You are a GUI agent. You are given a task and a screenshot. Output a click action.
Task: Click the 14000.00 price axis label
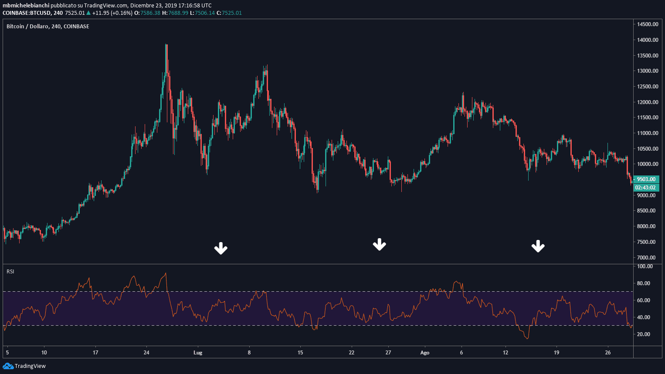pos(647,40)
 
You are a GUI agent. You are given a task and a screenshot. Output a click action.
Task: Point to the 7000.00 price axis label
pos(647,258)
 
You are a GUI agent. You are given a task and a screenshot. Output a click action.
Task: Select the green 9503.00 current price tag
pos(646,179)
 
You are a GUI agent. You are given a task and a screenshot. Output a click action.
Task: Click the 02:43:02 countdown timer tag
pos(646,188)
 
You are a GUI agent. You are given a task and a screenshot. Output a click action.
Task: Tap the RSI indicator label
pos(10,272)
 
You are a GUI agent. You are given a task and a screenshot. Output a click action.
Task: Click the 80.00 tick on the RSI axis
pos(645,283)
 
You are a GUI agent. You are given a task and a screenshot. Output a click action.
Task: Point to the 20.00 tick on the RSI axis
pos(645,334)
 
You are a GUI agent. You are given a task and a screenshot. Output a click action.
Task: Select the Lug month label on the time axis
pos(198,353)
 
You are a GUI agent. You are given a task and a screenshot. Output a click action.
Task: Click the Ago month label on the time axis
pos(424,353)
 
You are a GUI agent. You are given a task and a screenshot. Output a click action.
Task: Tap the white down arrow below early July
pos(221,249)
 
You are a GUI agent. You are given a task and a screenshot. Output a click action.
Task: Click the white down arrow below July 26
pos(380,245)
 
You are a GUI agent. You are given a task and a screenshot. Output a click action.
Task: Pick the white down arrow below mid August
pos(538,246)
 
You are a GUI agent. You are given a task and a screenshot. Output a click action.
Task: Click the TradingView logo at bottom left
pos(24,366)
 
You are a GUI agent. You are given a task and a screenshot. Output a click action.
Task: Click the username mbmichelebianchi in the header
pos(26,6)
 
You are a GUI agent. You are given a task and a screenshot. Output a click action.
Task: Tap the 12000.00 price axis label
pos(647,102)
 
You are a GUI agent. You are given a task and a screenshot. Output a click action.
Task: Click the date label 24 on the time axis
pos(146,353)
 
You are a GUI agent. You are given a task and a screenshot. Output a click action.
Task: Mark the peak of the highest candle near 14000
pos(166,44)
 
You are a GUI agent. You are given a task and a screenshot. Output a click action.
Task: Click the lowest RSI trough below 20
pos(527,338)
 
